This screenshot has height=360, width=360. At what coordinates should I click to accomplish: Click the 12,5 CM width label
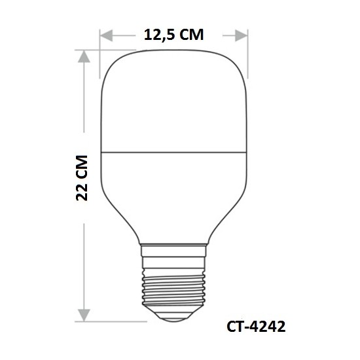[x=174, y=34]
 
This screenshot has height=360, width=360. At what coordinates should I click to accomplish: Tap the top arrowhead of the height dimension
[x=83, y=58]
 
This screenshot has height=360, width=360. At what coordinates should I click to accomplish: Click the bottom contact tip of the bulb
[x=174, y=315]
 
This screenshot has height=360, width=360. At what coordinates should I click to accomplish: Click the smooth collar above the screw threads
[x=174, y=252]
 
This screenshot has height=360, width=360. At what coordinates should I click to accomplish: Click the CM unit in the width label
[x=191, y=34]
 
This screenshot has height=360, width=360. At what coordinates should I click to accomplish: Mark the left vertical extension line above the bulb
[x=101, y=43]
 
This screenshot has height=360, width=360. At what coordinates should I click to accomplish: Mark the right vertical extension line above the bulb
[x=248, y=43]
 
